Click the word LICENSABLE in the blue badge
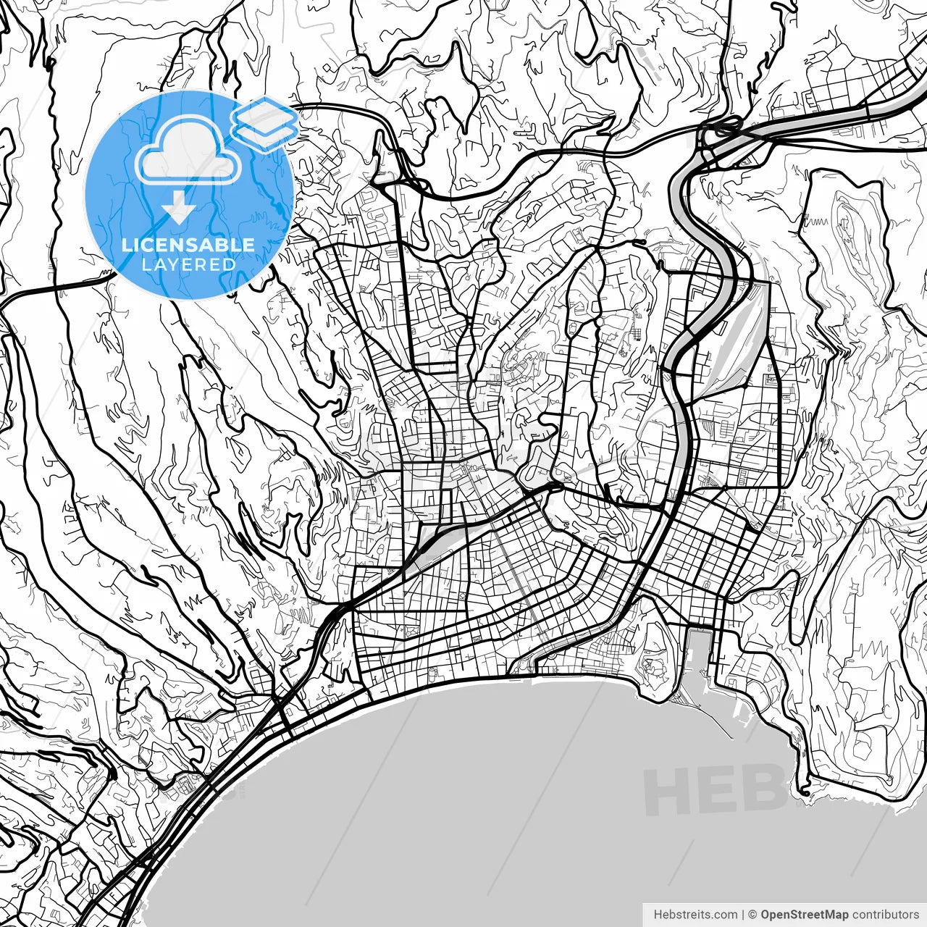point(188,245)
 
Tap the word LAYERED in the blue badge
point(188,264)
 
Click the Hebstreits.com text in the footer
point(695,915)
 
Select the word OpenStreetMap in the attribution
point(804,915)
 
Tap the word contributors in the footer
point(885,915)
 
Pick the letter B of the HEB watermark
point(762,789)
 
